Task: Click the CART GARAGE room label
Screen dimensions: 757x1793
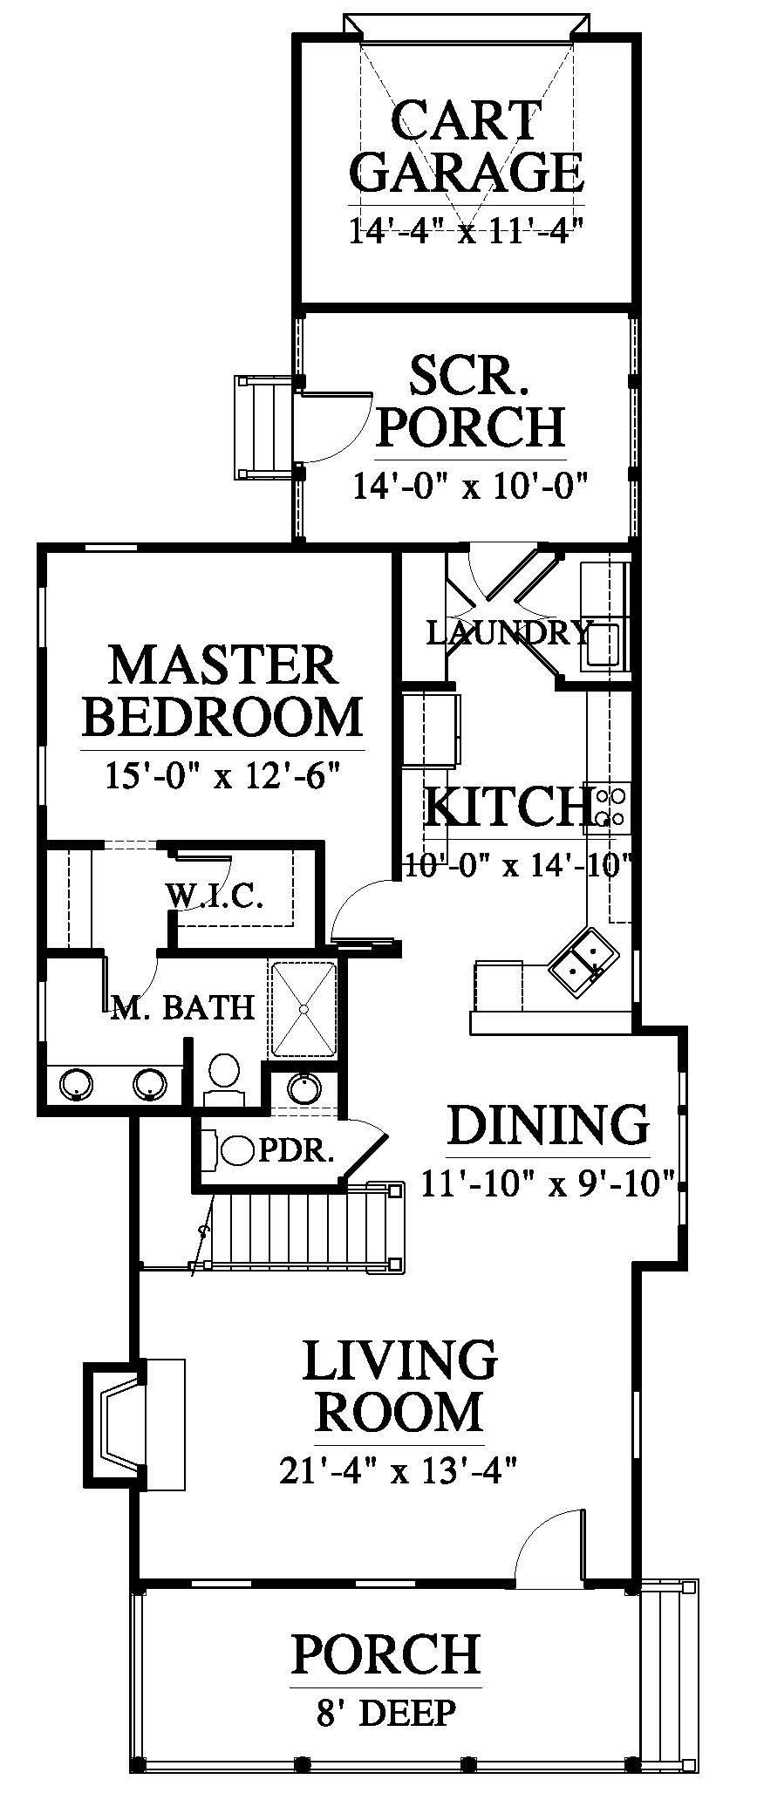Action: [467, 147]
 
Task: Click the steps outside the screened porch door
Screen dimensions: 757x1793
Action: [263, 427]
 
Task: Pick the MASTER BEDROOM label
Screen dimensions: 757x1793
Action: [225, 691]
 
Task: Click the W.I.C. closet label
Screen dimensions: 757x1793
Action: [215, 896]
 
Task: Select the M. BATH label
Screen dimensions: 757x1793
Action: [183, 1007]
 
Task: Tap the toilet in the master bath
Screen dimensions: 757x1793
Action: [224, 1079]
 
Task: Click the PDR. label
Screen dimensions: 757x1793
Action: [296, 1151]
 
